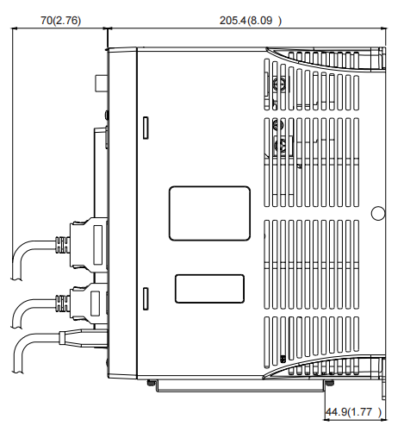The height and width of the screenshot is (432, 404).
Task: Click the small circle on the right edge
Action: coord(376,213)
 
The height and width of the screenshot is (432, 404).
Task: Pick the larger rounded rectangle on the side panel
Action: coord(210,213)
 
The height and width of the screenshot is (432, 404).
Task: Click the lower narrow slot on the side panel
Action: coord(146,297)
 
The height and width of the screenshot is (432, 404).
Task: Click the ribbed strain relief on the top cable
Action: coord(62,241)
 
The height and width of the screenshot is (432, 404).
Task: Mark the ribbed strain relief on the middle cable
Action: coord(62,303)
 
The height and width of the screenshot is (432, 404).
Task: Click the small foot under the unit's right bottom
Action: coord(327,382)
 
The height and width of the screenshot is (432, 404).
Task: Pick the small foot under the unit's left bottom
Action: coord(152,382)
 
